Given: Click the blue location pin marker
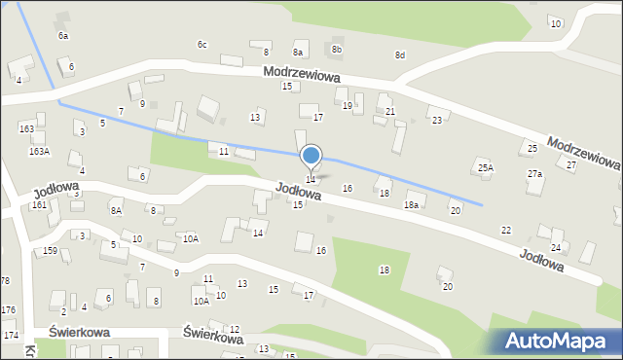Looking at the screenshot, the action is [x=311, y=156].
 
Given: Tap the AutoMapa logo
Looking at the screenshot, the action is [x=558, y=341].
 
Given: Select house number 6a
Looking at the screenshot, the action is [x=63, y=35].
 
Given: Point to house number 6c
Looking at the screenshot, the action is [x=202, y=45].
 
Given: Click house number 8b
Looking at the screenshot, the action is [x=337, y=49].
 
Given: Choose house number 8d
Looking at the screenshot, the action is [x=399, y=55].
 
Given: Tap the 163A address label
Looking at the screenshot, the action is [x=39, y=151].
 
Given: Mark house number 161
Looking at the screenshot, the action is [x=38, y=205].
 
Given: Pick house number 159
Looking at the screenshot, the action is [x=50, y=251].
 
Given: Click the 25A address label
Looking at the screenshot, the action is [x=485, y=167].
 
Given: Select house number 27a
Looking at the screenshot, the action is [x=534, y=173].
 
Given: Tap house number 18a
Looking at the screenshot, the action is [x=412, y=204].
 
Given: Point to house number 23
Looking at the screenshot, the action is [x=437, y=121].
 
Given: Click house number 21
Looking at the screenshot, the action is [x=389, y=112].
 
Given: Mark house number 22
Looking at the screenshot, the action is [x=505, y=230].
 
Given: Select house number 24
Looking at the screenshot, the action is [x=556, y=247].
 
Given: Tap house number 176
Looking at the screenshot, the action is [x=8, y=309].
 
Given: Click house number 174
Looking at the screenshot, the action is [x=10, y=335].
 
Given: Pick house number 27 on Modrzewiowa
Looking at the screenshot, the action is [x=571, y=165].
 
